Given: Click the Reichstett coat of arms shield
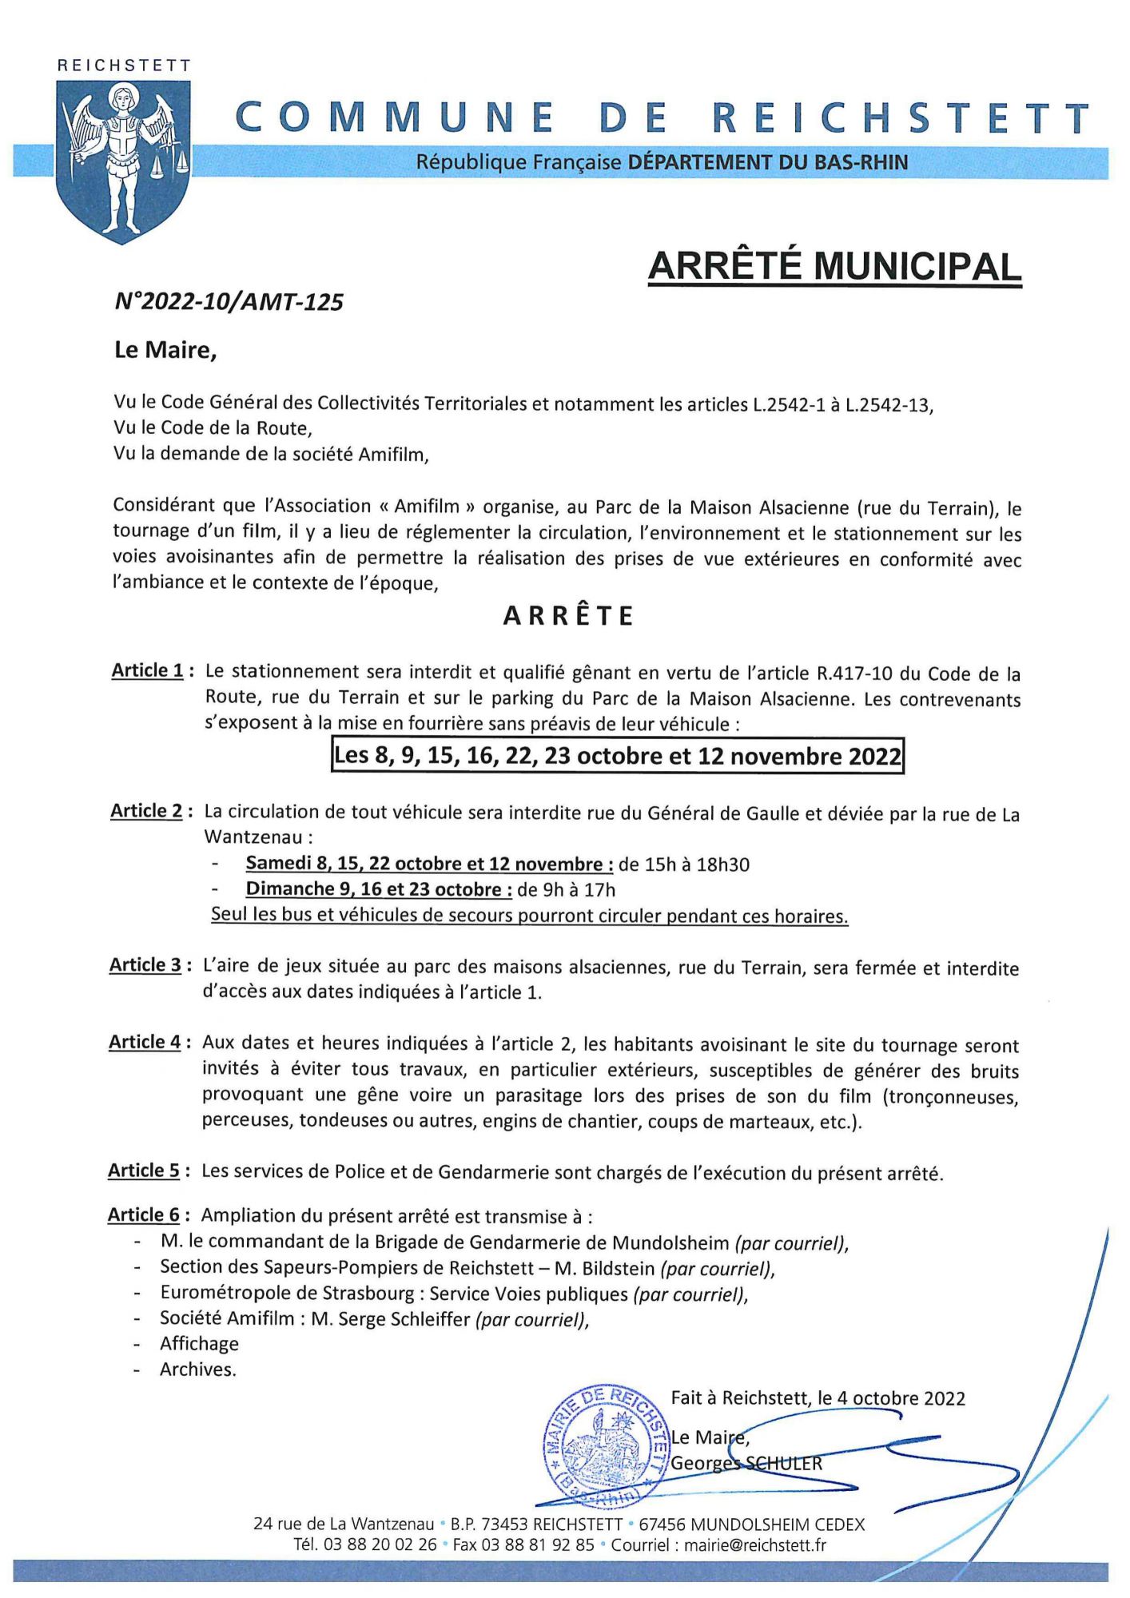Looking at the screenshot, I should (x=123, y=160).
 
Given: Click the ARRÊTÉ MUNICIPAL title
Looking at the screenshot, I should (x=834, y=267).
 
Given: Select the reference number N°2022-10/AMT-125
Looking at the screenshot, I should (x=229, y=302).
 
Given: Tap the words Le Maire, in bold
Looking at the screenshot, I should (x=165, y=350).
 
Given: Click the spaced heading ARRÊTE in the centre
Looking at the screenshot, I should (x=569, y=616).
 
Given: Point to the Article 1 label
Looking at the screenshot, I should (x=148, y=670).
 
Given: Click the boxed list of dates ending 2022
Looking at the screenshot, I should (x=617, y=756).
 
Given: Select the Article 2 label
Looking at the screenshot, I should (x=147, y=811).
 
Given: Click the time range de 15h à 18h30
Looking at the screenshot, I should (x=684, y=864).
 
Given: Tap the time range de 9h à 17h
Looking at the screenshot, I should (x=567, y=889).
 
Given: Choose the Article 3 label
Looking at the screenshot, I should (x=146, y=965).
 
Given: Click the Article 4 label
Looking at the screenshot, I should (x=145, y=1042).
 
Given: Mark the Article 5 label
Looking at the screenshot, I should (x=145, y=1171).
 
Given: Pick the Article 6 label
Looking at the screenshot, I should (x=145, y=1215).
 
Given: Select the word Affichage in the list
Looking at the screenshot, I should (x=199, y=1344).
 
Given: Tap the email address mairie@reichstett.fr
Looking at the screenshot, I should (x=755, y=1544).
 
